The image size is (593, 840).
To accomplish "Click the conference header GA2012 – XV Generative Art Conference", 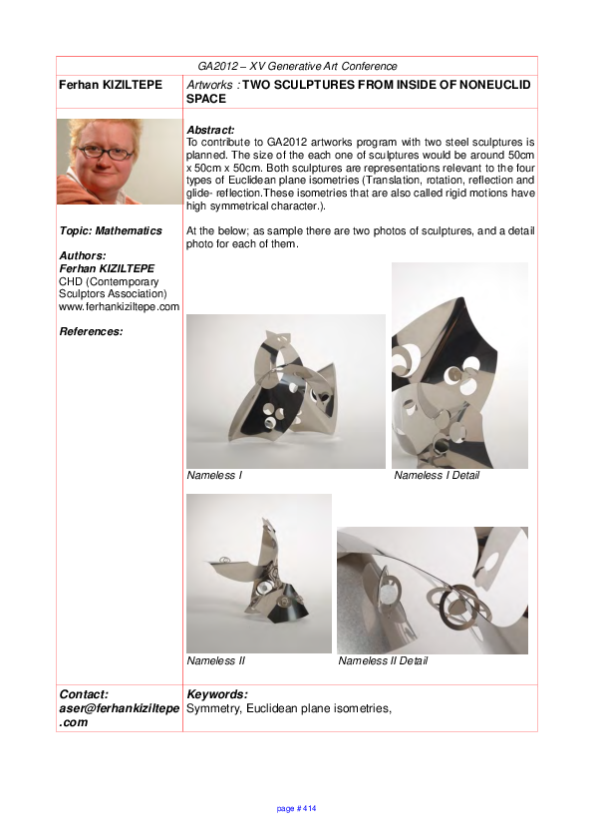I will tap(297, 66).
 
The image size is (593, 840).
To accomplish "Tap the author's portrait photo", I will tap(120, 162).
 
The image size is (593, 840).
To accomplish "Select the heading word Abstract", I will tap(210, 131).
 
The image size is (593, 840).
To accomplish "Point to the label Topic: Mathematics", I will tap(111, 230).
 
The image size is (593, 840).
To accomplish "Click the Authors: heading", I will tap(83, 255).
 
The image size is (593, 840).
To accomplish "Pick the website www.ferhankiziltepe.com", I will tap(120, 306).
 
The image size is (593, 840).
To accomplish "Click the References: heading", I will tap(92, 331).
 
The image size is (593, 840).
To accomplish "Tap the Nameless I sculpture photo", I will tap(286, 391).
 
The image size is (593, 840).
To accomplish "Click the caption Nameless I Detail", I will tap(437, 476).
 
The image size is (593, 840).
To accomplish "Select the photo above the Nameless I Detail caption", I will tap(459, 365).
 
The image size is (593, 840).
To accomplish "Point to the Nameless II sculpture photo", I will tap(259, 573).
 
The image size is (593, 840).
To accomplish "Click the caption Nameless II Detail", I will tap(384, 661).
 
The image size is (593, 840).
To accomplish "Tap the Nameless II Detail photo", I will tap(433, 590).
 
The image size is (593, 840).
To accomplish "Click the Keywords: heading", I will tap(217, 694).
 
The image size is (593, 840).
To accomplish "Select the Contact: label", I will tap(84, 694).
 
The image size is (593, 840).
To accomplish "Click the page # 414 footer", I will tap(296, 808).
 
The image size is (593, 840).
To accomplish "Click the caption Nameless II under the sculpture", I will tap(216, 661).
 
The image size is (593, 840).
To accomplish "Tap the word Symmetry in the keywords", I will tap(214, 708).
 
